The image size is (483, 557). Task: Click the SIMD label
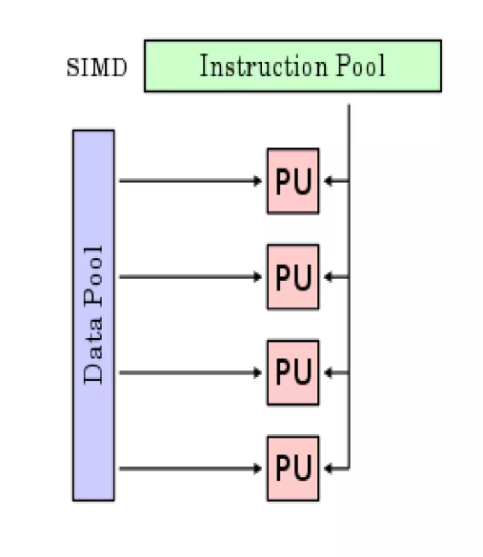[x=96, y=69]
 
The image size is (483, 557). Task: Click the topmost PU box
[x=292, y=180]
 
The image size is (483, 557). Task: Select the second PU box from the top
[x=292, y=276]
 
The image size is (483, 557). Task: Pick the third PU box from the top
[x=292, y=372]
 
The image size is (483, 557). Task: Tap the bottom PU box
[x=292, y=467]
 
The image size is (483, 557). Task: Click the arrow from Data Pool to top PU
[x=191, y=180]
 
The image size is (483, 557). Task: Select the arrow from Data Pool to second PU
[x=191, y=276]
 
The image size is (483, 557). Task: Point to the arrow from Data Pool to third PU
[x=191, y=372]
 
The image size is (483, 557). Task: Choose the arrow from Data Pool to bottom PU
[x=191, y=467]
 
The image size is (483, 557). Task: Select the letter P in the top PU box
[x=283, y=180]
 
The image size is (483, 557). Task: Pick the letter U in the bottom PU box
[x=302, y=467]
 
